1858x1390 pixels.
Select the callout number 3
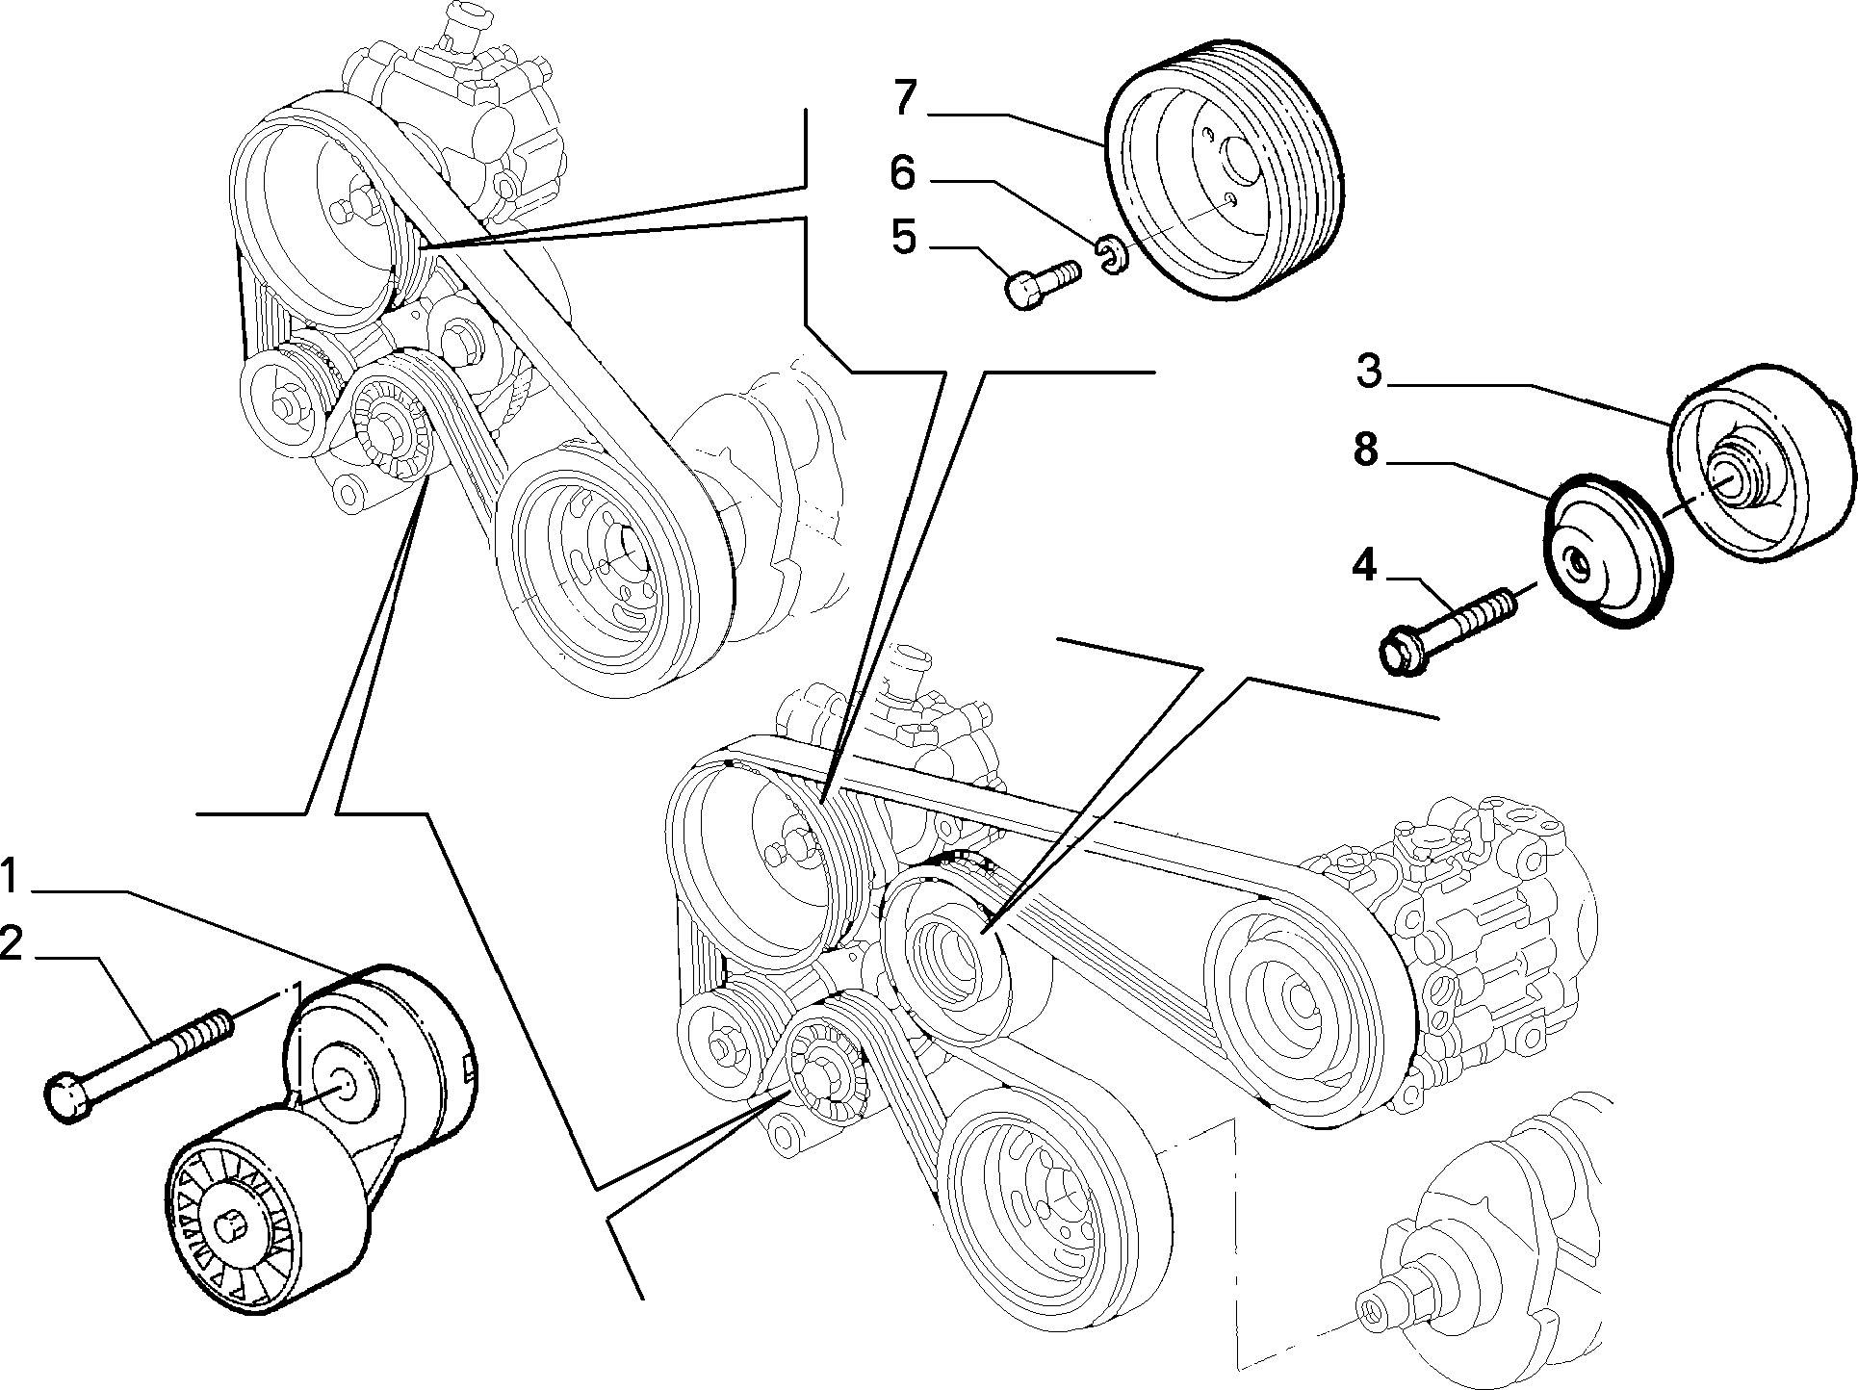1368,371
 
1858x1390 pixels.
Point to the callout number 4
1364,565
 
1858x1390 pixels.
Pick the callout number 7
904,99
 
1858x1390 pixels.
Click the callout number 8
1366,450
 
